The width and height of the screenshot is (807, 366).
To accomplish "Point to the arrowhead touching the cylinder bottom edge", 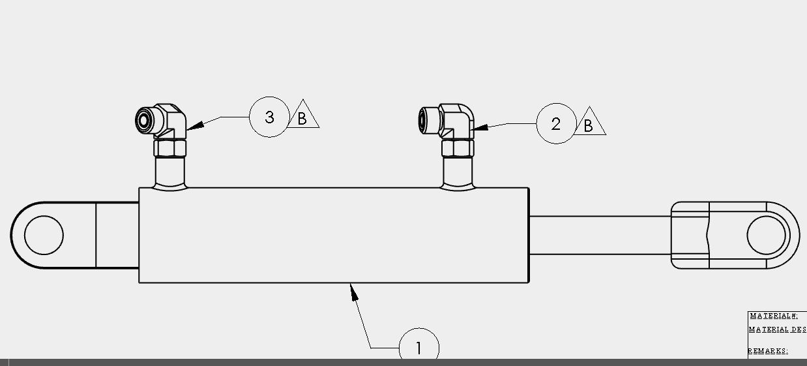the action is [x=354, y=292].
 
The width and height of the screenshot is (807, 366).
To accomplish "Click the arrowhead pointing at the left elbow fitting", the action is [x=196, y=125].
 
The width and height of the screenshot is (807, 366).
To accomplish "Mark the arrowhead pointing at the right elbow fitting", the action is [x=479, y=127].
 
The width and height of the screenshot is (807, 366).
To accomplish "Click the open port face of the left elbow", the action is [x=143, y=121].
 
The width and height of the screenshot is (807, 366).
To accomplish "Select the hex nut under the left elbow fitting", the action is [x=170, y=148].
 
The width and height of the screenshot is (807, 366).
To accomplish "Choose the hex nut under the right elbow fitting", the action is [x=458, y=148].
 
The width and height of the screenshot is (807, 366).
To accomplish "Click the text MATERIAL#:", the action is [x=774, y=316].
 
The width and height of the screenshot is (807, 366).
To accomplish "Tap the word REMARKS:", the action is [x=768, y=351].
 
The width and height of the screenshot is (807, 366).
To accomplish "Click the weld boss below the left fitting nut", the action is [x=170, y=174].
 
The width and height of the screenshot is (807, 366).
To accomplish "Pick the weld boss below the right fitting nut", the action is [x=458, y=174].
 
